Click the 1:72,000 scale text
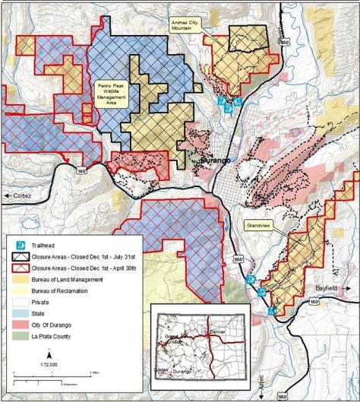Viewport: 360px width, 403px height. (x=49, y=365)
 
